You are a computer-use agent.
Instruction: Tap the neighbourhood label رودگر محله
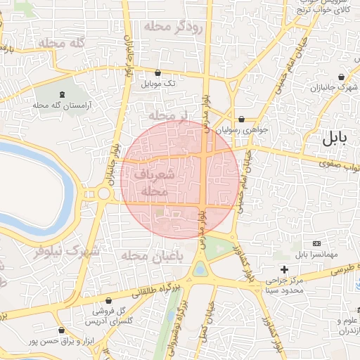[x=173, y=27]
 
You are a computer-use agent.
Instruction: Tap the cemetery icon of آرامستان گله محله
[x=63, y=94]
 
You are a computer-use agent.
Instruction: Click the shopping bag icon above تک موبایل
[x=157, y=72]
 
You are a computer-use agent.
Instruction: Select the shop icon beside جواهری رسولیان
[x=241, y=119]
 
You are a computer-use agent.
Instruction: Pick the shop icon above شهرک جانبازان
[x=341, y=77]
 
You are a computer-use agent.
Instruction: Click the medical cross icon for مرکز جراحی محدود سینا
[x=284, y=269]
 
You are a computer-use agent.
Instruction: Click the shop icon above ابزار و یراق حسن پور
[x=62, y=330]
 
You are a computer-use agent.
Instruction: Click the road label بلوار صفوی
[x=340, y=165]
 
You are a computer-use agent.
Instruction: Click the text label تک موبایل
[x=159, y=84]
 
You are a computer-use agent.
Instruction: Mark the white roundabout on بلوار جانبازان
[x=104, y=193]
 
